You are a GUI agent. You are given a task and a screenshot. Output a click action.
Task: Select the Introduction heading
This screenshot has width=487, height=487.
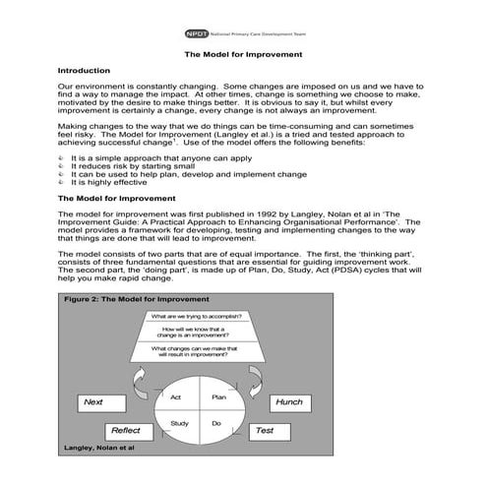tap(91, 71)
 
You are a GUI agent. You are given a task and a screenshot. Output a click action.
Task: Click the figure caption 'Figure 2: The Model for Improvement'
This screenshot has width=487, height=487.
tap(136, 298)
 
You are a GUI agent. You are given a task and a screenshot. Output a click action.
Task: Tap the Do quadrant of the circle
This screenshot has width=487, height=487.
tap(217, 423)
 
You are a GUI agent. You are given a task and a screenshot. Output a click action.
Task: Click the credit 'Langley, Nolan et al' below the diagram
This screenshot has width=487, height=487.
tap(98, 448)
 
